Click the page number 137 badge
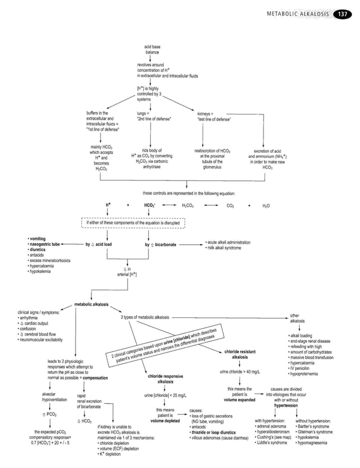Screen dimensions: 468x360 pyautogui.click(x=343, y=14)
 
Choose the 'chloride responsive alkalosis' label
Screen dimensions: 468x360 pyautogui.click(x=165, y=378)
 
